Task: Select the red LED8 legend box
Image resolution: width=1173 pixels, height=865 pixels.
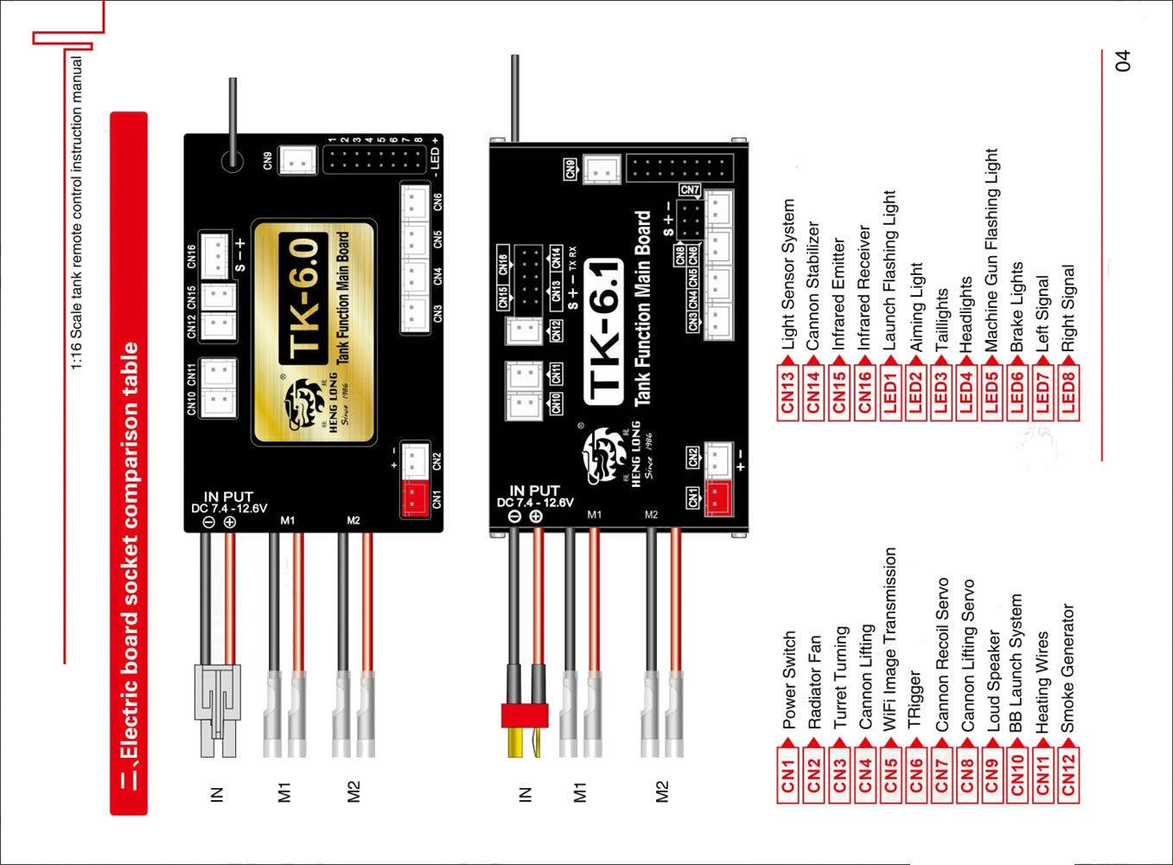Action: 1068,394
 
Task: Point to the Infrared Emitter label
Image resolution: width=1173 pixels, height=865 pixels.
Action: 838,294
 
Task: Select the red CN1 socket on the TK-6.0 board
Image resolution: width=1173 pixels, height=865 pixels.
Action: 414,500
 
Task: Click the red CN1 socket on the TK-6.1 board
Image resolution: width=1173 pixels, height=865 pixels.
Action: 717,499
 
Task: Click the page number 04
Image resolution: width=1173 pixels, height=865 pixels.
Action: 1122,61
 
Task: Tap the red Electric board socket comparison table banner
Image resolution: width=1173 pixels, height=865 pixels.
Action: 129,463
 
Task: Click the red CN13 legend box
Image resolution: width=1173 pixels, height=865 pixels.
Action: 787,394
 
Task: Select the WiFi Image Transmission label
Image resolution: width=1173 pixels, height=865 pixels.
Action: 890,640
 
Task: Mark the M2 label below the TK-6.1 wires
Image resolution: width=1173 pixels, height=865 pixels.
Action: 662,791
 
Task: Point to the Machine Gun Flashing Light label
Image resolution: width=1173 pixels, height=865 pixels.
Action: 991,251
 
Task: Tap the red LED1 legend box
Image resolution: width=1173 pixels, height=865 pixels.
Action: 890,394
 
